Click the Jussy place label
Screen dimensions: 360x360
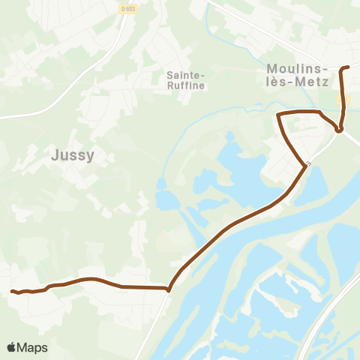tap(73, 155)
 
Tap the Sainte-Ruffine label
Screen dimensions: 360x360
tap(184, 80)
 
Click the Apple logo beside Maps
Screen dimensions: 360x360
tap(12, 347)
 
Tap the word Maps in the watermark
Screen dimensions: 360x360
tap(33, 347)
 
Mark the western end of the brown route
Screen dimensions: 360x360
tap(11, 291)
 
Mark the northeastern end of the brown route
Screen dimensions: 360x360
tap(349, 67)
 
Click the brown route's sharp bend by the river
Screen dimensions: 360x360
tap(169, 289)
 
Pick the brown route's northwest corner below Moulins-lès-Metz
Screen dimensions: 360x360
tap(279, 114)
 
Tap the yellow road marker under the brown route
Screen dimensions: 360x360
tap(343, 100)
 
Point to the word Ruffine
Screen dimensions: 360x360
tap(184, 85)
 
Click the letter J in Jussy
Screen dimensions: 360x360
tap(55, 155)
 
